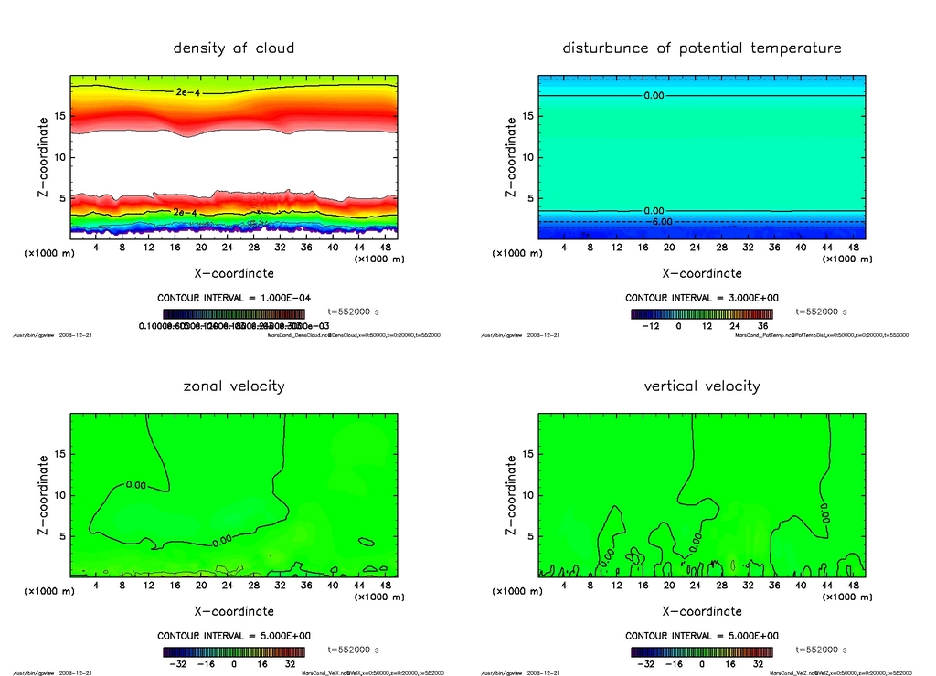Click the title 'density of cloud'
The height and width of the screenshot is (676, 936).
tap(234, 48)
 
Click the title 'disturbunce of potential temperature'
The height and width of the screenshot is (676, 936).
tap(701, 48)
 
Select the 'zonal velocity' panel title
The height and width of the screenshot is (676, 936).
tap(234, 386)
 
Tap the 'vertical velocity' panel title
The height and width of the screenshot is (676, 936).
tap(701, 386)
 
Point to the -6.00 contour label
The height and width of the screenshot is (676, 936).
tap(660, 221)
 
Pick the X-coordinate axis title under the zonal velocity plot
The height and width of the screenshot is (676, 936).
tap(234, 611)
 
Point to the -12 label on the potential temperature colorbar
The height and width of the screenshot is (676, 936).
tap(650, 325)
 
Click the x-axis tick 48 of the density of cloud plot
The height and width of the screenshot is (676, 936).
tap(390, 248)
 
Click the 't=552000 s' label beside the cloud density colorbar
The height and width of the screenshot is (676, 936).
tap(354, 312)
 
